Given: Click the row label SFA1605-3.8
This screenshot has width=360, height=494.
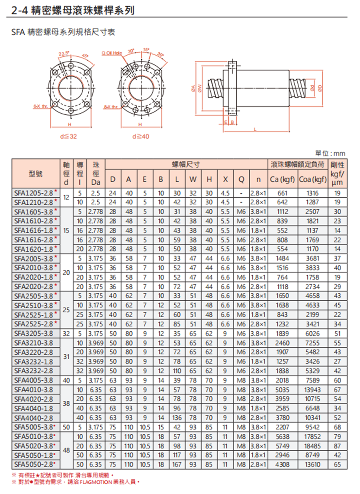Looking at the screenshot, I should [x=34, y=211].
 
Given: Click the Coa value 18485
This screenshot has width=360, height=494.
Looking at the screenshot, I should [x=313, y=446].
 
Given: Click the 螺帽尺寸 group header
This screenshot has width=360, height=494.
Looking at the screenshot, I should [x=186, y=164].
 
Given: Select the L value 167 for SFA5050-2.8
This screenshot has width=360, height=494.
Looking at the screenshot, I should [x=177, y=464].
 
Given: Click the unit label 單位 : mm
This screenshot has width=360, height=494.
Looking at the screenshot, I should [x=330, y=154].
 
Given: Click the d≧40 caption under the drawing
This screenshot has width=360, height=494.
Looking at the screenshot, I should [x=140, y=136].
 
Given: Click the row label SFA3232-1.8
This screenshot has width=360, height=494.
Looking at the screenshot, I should [x=34, y=361].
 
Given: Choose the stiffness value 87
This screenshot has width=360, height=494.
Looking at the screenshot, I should [x=338, y=446].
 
